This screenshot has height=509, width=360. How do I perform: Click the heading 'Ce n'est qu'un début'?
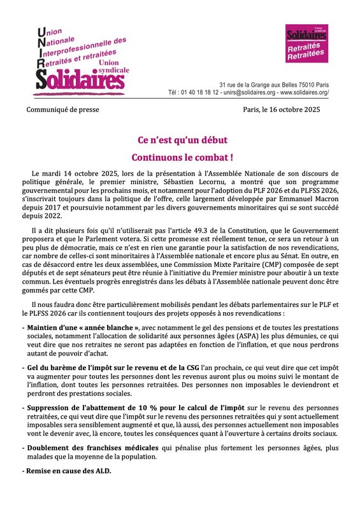click(x=180, y=139)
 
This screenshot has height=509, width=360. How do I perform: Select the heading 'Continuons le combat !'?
click(x=180, y=156)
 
